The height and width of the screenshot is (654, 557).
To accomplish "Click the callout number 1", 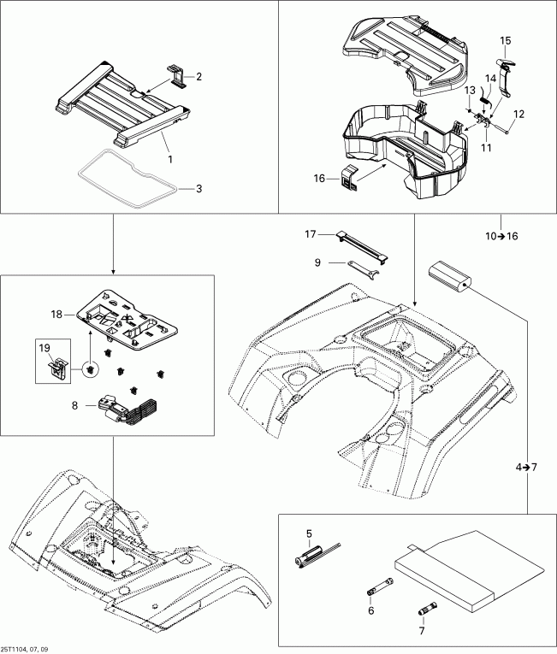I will [169, 159].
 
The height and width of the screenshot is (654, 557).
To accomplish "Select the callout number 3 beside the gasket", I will [199, 188].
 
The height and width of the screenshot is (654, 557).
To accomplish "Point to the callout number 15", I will [506, 40].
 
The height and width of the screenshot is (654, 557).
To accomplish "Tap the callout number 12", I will [519, 114].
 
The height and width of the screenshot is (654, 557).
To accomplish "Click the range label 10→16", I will [500, 236].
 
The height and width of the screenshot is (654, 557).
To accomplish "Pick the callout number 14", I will [490, 78].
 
